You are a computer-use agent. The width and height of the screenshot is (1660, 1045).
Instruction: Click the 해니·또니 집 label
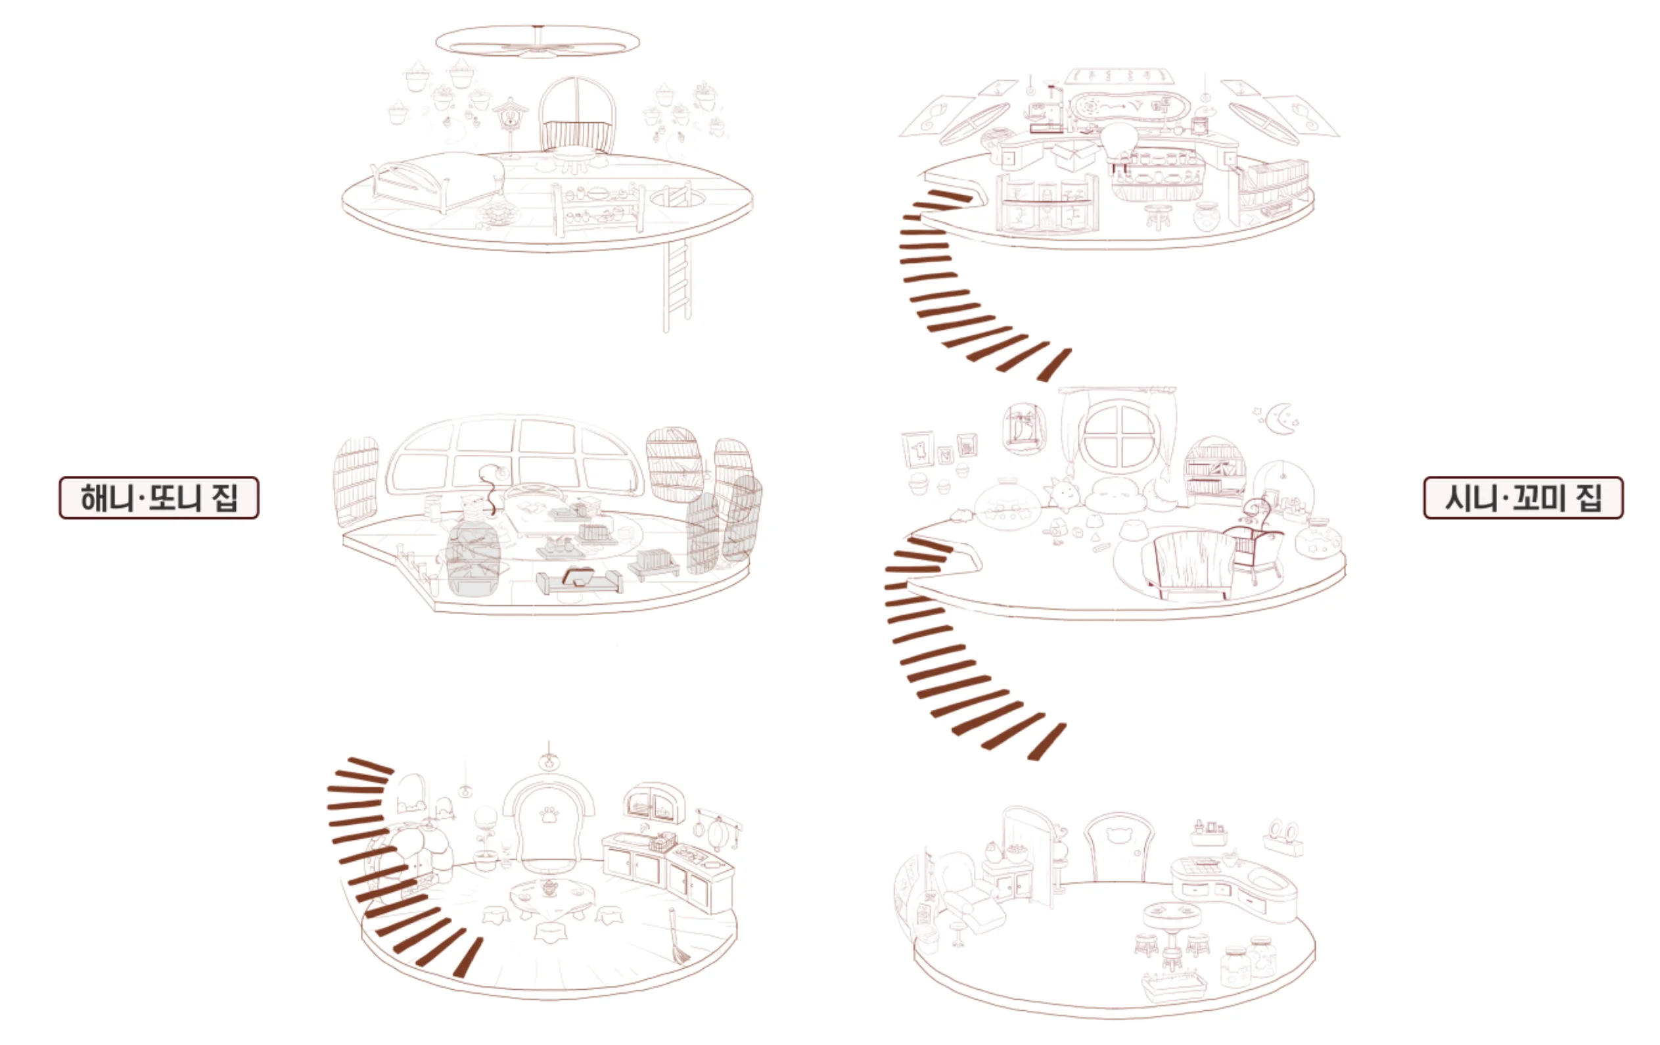[158, 498]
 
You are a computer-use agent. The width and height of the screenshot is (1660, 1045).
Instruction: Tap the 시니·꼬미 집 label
[1523, 498]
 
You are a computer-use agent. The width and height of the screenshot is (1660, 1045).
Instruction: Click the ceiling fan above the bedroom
[538, 41]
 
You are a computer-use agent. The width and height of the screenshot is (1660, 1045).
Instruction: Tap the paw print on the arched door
[549, 816]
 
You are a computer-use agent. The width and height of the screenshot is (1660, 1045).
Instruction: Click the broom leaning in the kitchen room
[677, 936]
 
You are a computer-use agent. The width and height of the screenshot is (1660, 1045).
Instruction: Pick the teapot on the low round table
[549, 888]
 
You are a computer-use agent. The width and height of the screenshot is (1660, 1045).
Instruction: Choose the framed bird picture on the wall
[918, 450]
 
